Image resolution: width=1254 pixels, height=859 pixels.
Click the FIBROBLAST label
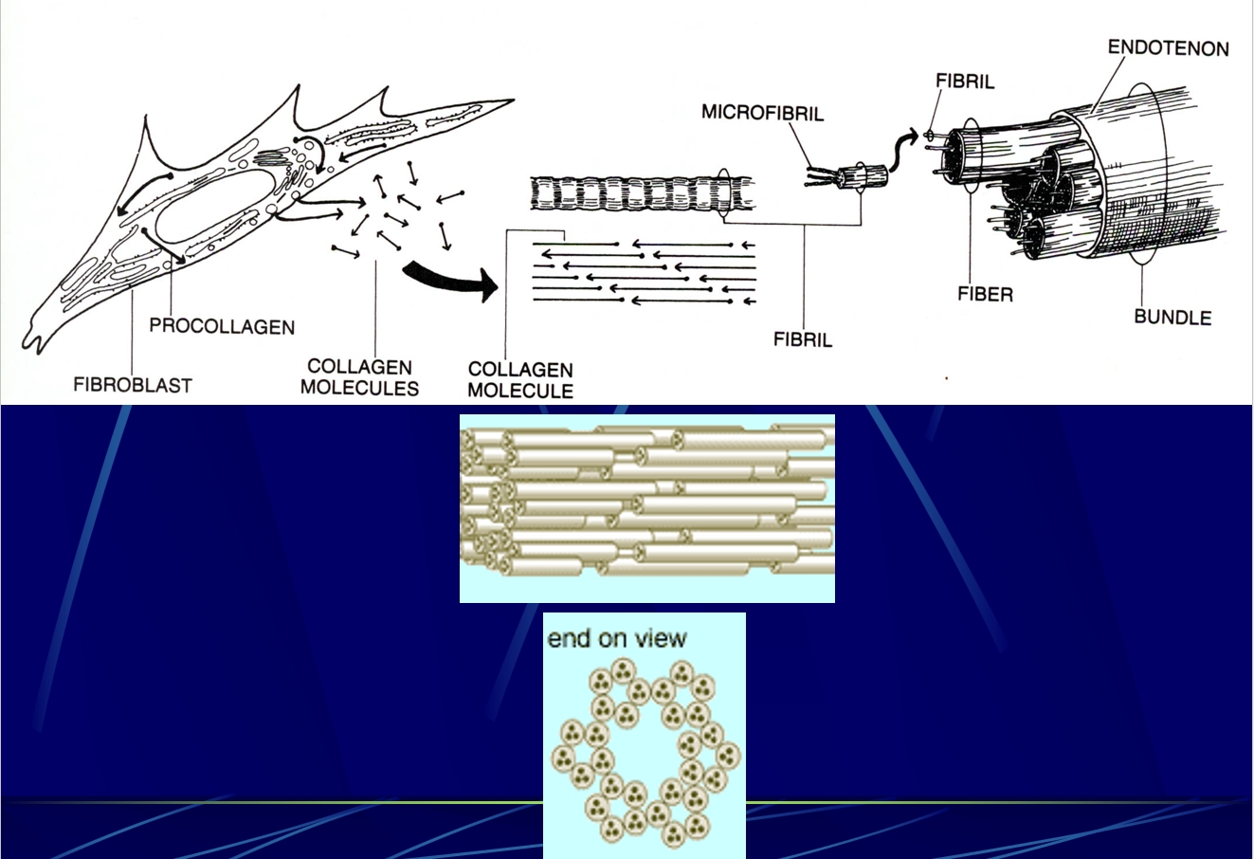click(x=133, y=385)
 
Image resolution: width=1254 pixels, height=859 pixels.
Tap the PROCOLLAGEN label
click(x=222, y=327)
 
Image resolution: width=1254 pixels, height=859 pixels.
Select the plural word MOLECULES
click(x=359, y=388)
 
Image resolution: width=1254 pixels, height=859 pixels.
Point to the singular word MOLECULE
click(x=520, y=391)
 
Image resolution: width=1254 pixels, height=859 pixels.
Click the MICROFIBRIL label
click(x=762, y=113)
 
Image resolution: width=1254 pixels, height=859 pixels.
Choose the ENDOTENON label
click(x=1168, y=47)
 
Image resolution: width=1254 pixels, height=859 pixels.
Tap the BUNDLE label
click(x=1172, y=317)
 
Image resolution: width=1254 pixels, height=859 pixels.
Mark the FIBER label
click(x=985, y=295)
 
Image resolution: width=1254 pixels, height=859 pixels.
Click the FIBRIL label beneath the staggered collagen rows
click(x=802, y=339)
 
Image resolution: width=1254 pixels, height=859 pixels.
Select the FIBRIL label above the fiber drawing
click(x=965, y=82)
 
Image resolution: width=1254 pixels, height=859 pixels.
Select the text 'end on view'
click(x=616, y=638)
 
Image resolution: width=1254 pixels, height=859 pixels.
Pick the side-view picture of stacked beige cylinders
click(x=646, y=508)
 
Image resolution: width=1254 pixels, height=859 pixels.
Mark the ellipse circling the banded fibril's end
click(x=725, y=194)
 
